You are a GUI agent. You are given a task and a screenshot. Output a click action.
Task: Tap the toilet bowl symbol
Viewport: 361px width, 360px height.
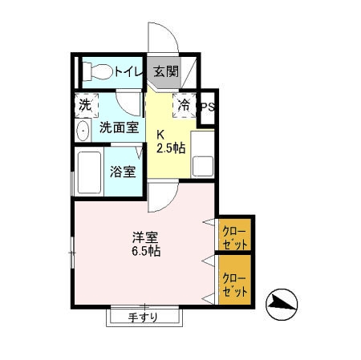pyautogui.click(x=97, y=71)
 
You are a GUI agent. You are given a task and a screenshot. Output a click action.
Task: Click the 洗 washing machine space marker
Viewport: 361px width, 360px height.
pyautogui.click(x=84, y=104)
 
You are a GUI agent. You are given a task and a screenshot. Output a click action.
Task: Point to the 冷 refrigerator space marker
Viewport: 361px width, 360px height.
pyautogui.click(x=184, y=104)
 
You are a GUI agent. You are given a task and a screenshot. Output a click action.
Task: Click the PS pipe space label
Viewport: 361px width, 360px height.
pyautogui.click(x=207, y=106)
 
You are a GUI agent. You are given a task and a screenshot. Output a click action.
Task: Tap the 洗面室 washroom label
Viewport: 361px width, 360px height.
pyautogui.click(x=119, y=127)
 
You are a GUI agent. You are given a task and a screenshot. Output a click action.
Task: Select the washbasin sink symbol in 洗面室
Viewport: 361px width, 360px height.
pyautogui.click(x=83, y=131)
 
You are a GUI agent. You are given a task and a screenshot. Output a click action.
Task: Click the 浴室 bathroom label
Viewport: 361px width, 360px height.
pyautogui.click(x=123, y=171)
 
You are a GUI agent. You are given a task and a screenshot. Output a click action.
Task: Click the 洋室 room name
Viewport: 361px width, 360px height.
pyautogui.click(x=144, y=237)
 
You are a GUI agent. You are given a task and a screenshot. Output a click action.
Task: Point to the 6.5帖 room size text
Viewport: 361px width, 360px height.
pyautogui.click(x=145, y=251)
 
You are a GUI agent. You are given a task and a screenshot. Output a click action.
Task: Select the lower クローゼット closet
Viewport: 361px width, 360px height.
pyautogui.click(x=236, y=280)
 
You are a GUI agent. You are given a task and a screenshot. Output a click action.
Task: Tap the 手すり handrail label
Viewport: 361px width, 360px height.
pyautogui.click(x=143, y=317)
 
